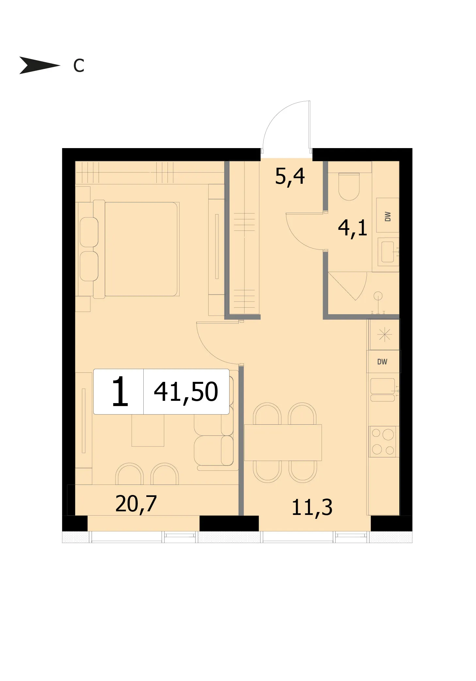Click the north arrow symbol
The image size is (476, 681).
point(39,65)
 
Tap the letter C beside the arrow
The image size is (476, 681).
point(79,65)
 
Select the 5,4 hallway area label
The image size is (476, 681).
point(290,177)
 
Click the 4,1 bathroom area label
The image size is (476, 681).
point(353,228)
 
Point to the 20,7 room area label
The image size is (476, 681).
point(136,504)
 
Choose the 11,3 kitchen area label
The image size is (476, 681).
point(312,507)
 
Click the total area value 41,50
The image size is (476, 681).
point(186,392)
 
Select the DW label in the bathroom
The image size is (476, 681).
point(388,216)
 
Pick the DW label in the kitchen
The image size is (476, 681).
point(382,362)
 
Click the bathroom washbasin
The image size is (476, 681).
point(388,252)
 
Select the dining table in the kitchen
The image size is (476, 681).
point(283,442)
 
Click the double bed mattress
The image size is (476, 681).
point(141,249)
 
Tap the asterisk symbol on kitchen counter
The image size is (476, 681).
point(384,334)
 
